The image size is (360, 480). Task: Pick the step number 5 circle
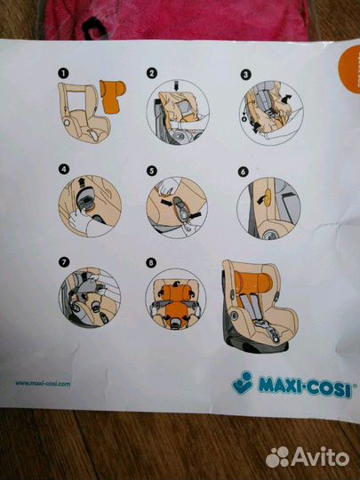click(x=152, y=169)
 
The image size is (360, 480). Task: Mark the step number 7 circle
click(x=61, y=261)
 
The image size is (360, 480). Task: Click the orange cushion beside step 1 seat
click(x=114, y=96)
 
